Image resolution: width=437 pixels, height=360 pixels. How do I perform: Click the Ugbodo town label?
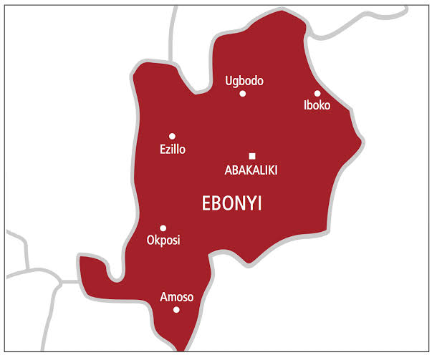pyautogui.click(x=244, y=81)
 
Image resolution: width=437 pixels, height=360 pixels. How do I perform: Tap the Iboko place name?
pyautogui.click(x=317, y=107)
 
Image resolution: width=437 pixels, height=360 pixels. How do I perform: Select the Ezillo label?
pyautogui.click(x=172, y=150)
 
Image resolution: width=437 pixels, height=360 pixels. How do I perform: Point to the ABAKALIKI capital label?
pyautogui.click(x=251, y=170)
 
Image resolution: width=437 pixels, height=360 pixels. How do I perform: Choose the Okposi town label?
pyautogui.click(x=163, y=240)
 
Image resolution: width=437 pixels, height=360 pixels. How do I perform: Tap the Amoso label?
pyautogui.click(x=177, y=297)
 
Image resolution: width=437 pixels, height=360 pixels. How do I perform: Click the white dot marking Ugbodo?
pyautogui.click(x=243, y=94)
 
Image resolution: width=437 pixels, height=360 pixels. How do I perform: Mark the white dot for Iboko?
pyautogui.click(x=317, y=94)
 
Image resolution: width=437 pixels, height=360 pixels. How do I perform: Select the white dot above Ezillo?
pyautogui.click(x=172, y=136)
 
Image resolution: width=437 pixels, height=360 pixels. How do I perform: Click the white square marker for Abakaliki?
pyautogui.click(x=252, y=156)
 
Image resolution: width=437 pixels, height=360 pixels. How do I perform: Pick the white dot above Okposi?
pyautogui.click(x=163, y=228)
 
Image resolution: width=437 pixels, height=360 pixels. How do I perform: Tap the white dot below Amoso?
pyautogui.click(x=177, y=310)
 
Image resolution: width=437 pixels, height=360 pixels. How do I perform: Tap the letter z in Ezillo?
pyautogui.click(x=168, y=150)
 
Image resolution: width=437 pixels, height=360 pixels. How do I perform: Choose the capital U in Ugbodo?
pyautogui.click(x=229, y=81)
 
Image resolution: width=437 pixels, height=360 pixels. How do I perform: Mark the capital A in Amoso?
pyautogui.click(x=164, y=297)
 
